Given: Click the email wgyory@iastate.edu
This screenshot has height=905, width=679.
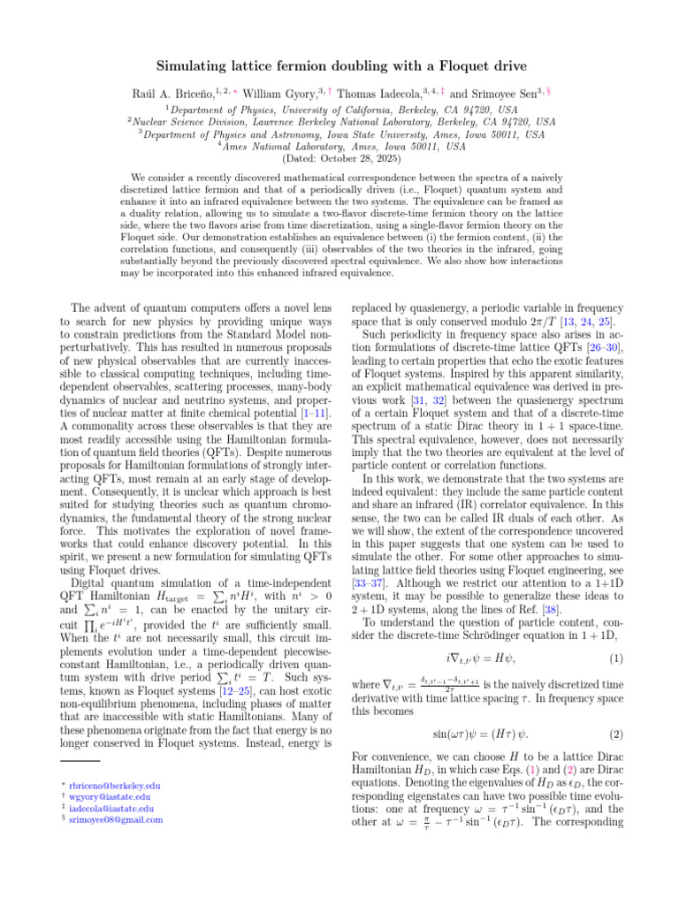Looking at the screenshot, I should click(x=111, y=796).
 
